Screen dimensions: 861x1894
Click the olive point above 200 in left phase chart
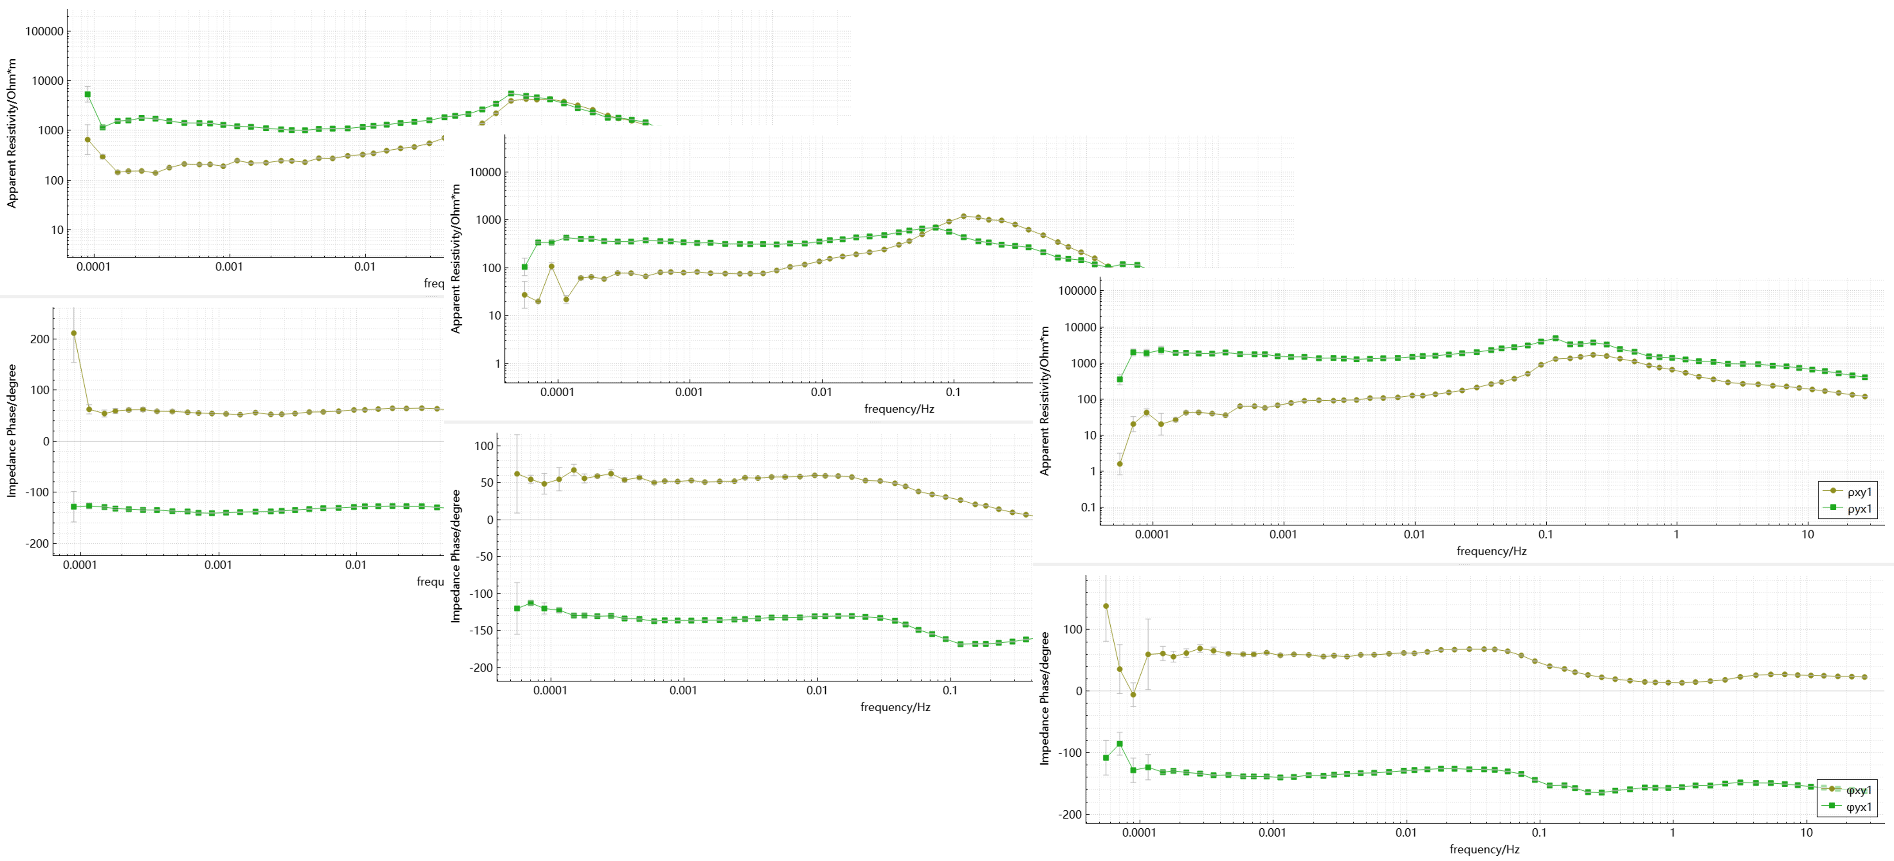pyautogui.click(x=73, y=333)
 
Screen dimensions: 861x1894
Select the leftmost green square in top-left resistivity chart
pyautogui.click(x=87, y=94)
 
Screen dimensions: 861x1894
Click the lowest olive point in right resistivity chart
pyautogui.click(x=1120, y=464)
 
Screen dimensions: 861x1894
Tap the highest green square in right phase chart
pyautogui.click(x=1120, y=744)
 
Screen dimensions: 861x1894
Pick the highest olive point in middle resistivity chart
pyautogui.click(x=963, y=216)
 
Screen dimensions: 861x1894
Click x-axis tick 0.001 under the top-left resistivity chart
pyautogui.click(x=229, y=267)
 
